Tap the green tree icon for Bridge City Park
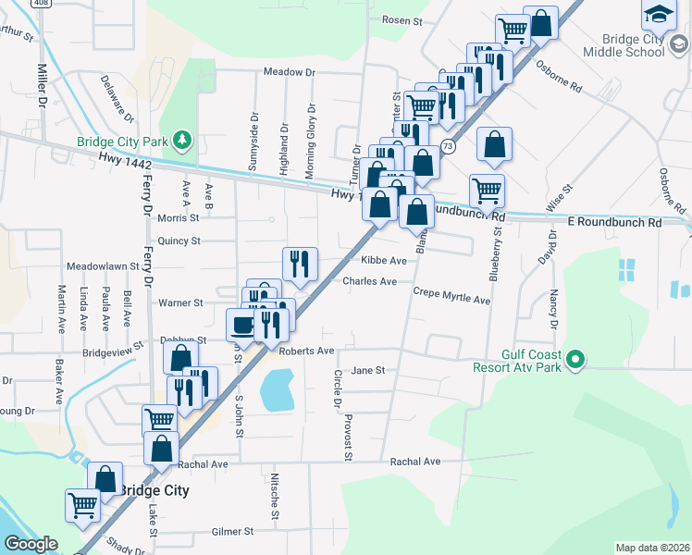[x=183, y=139]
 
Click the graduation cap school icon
[x=659, y=14]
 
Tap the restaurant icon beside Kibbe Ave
[x=300, y=264]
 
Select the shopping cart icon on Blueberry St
[x=487, y=191]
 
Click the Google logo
[x=31, y=544]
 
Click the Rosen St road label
[x=402, y=19]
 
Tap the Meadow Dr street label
[x=289, y=71]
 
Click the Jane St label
[x=367, y=370]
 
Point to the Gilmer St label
[x=231, y=532]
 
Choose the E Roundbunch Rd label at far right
[x=614, y=223]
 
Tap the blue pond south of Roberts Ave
[x=277, y=389]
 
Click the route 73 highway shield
[x=448, y=146]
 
